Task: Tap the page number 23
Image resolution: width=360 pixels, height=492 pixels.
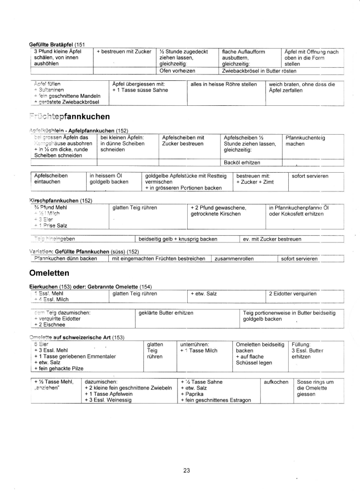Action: click(x=187, y=470)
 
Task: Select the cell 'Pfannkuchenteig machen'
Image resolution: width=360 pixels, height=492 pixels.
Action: click(x=305, y=140)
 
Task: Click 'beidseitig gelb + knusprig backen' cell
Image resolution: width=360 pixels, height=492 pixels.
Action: click(x=178, y=239)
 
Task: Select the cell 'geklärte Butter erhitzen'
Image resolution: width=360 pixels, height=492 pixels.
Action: click(x=166, y=313)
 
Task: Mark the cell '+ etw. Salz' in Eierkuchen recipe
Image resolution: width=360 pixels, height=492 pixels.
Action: click(x=204, y=293)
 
